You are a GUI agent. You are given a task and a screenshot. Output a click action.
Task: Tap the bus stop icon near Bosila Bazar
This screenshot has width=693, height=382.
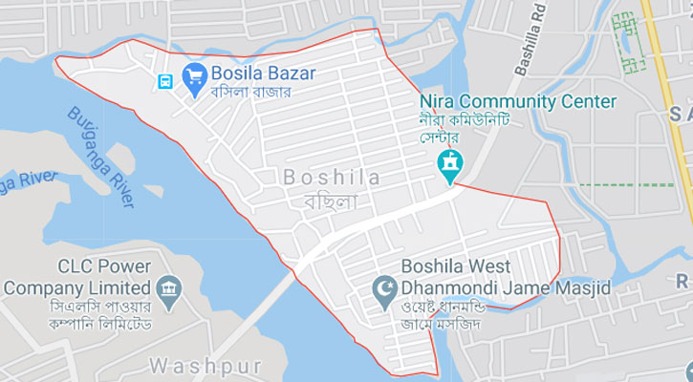click(x=166, y=81)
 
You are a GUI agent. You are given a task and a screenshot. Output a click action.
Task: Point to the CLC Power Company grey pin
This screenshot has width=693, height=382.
click(x=171, y=287)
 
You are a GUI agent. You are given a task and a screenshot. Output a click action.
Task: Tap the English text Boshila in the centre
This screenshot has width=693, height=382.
click(x=332, y=178)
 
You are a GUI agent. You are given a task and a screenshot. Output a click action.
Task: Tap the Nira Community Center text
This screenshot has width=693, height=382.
click(x=517, y=101)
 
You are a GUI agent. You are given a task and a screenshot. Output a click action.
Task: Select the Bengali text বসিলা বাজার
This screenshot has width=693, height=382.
click(x=249, y=93)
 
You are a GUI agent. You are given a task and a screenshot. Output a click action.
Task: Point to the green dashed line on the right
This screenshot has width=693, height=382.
click(x=626, y=183)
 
